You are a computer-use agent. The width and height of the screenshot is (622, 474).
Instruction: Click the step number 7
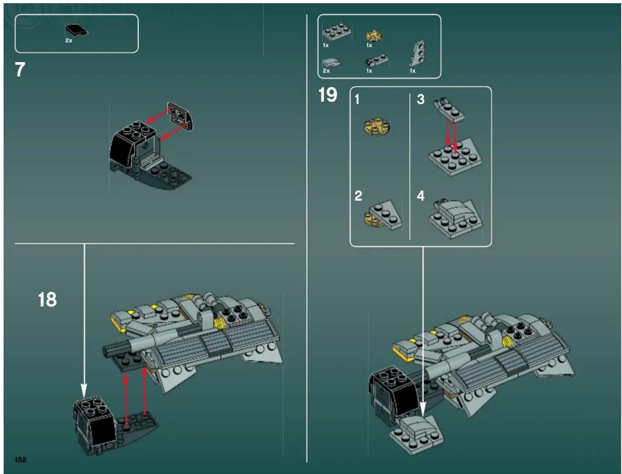pos(20,70)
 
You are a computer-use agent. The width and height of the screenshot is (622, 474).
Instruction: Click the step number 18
pos(47,300)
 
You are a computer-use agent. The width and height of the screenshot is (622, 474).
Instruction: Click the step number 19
pos(327,95)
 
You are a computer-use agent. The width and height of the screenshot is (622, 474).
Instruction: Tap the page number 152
pos(21,460)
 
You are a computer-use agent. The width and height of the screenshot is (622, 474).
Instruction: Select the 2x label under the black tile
pos(69,41)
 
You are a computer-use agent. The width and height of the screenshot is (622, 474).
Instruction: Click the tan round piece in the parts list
pos(374,36)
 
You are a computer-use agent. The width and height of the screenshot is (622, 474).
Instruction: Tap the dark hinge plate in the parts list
pos(376,61)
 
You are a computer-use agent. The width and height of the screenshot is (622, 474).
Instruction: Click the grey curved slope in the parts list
pos(331,62)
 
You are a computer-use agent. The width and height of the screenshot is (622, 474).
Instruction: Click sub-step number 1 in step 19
pos(357,99)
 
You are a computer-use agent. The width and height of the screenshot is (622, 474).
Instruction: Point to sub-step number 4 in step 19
pos(420,196)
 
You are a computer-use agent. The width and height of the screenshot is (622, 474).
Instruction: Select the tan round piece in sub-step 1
pos(377,126)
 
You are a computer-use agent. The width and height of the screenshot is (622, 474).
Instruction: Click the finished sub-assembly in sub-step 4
pos(455,219)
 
